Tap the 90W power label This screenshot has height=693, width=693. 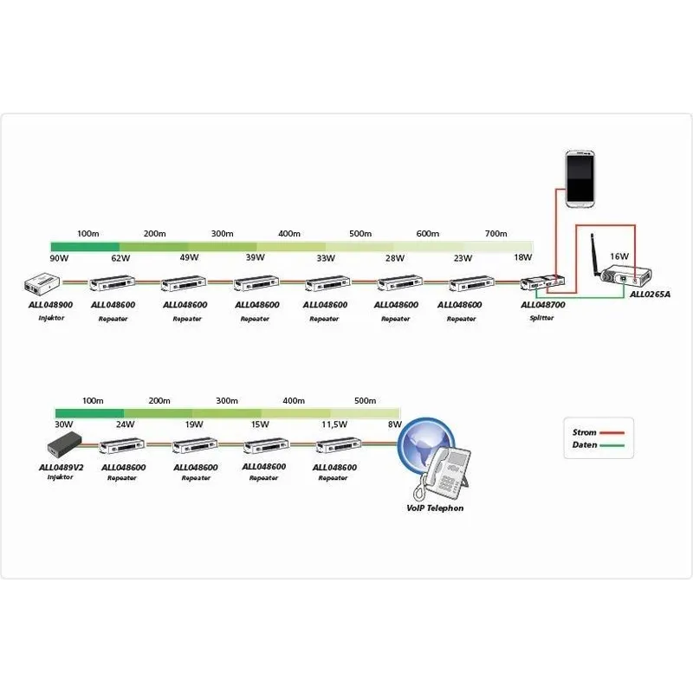59,258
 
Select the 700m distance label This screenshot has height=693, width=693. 495,235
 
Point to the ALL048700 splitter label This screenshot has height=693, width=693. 543,305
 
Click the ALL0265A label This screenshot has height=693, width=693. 651,295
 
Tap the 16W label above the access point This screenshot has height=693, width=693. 619,256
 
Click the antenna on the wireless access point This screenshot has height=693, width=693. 595,254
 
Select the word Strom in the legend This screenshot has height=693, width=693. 585,432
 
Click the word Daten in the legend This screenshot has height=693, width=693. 585,445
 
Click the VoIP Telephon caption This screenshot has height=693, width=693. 435,508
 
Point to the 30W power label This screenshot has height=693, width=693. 63,424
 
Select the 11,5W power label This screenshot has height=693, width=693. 334,424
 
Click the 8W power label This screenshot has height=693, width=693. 395,424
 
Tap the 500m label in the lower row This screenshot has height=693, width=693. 366,401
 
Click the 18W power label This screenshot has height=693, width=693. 523,258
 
